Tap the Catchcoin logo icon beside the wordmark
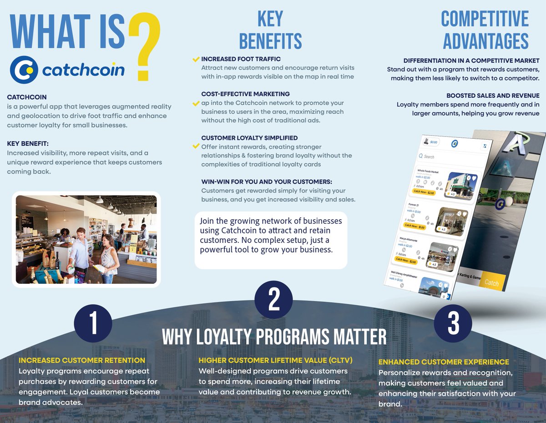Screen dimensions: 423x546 coord(25,70)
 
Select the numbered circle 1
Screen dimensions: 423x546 coord(93,323)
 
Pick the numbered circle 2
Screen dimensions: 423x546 coord(273,299)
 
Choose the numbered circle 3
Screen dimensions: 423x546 coord(453,323)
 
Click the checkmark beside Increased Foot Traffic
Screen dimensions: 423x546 coord(196,60)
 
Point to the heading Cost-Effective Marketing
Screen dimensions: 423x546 coord(245,94)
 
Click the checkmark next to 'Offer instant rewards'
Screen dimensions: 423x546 coord(196,146)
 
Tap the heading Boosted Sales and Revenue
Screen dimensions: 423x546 coord(493,96)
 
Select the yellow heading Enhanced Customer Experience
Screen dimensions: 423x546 coord(444,362)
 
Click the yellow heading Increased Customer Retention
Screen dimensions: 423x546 coord(82,360)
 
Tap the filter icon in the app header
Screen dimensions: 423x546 coord(485,146)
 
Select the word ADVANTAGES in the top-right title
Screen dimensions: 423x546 coord(485,41)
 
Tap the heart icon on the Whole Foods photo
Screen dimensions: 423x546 coord(474,178)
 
